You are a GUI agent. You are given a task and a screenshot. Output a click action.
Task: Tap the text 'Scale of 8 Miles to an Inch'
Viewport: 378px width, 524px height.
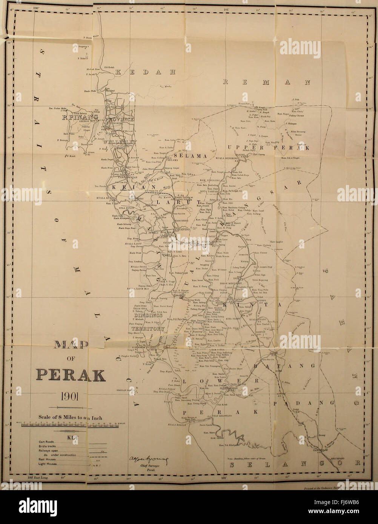click(70, 418)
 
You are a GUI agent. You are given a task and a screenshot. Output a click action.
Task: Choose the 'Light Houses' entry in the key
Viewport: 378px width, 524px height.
click(48, 464)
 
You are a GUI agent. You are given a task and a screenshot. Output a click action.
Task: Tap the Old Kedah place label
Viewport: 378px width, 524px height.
click(111, 67)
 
